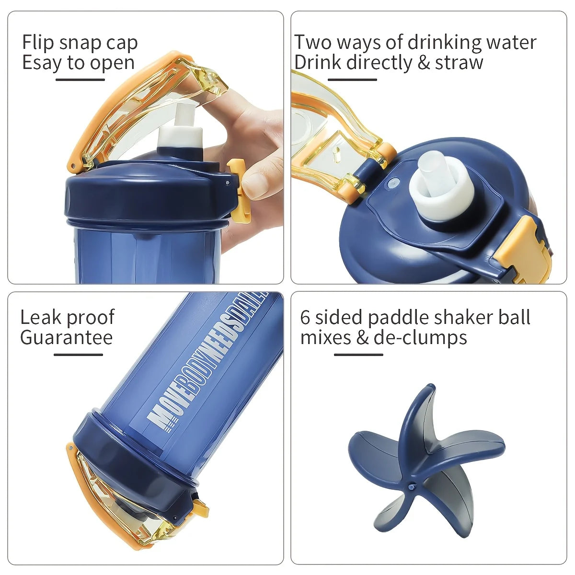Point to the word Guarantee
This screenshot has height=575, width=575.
pos(66,337)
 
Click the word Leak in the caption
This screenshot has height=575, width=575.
pos(40,317)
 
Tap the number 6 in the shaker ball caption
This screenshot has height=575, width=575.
pos(305,317)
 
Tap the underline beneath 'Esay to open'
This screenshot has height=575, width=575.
pos(80,80)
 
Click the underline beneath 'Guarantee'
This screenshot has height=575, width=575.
pos(78,355)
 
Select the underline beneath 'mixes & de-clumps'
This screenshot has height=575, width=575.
pos(358,355)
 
